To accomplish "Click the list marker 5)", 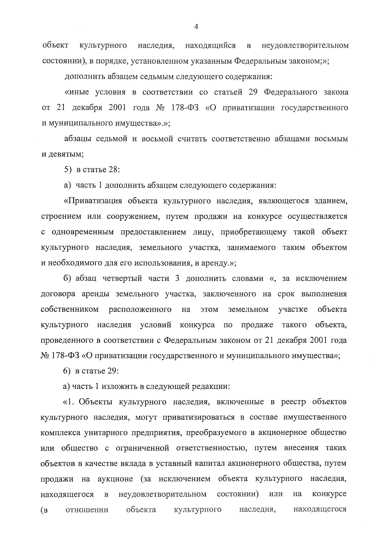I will click(x=67, y=170).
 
